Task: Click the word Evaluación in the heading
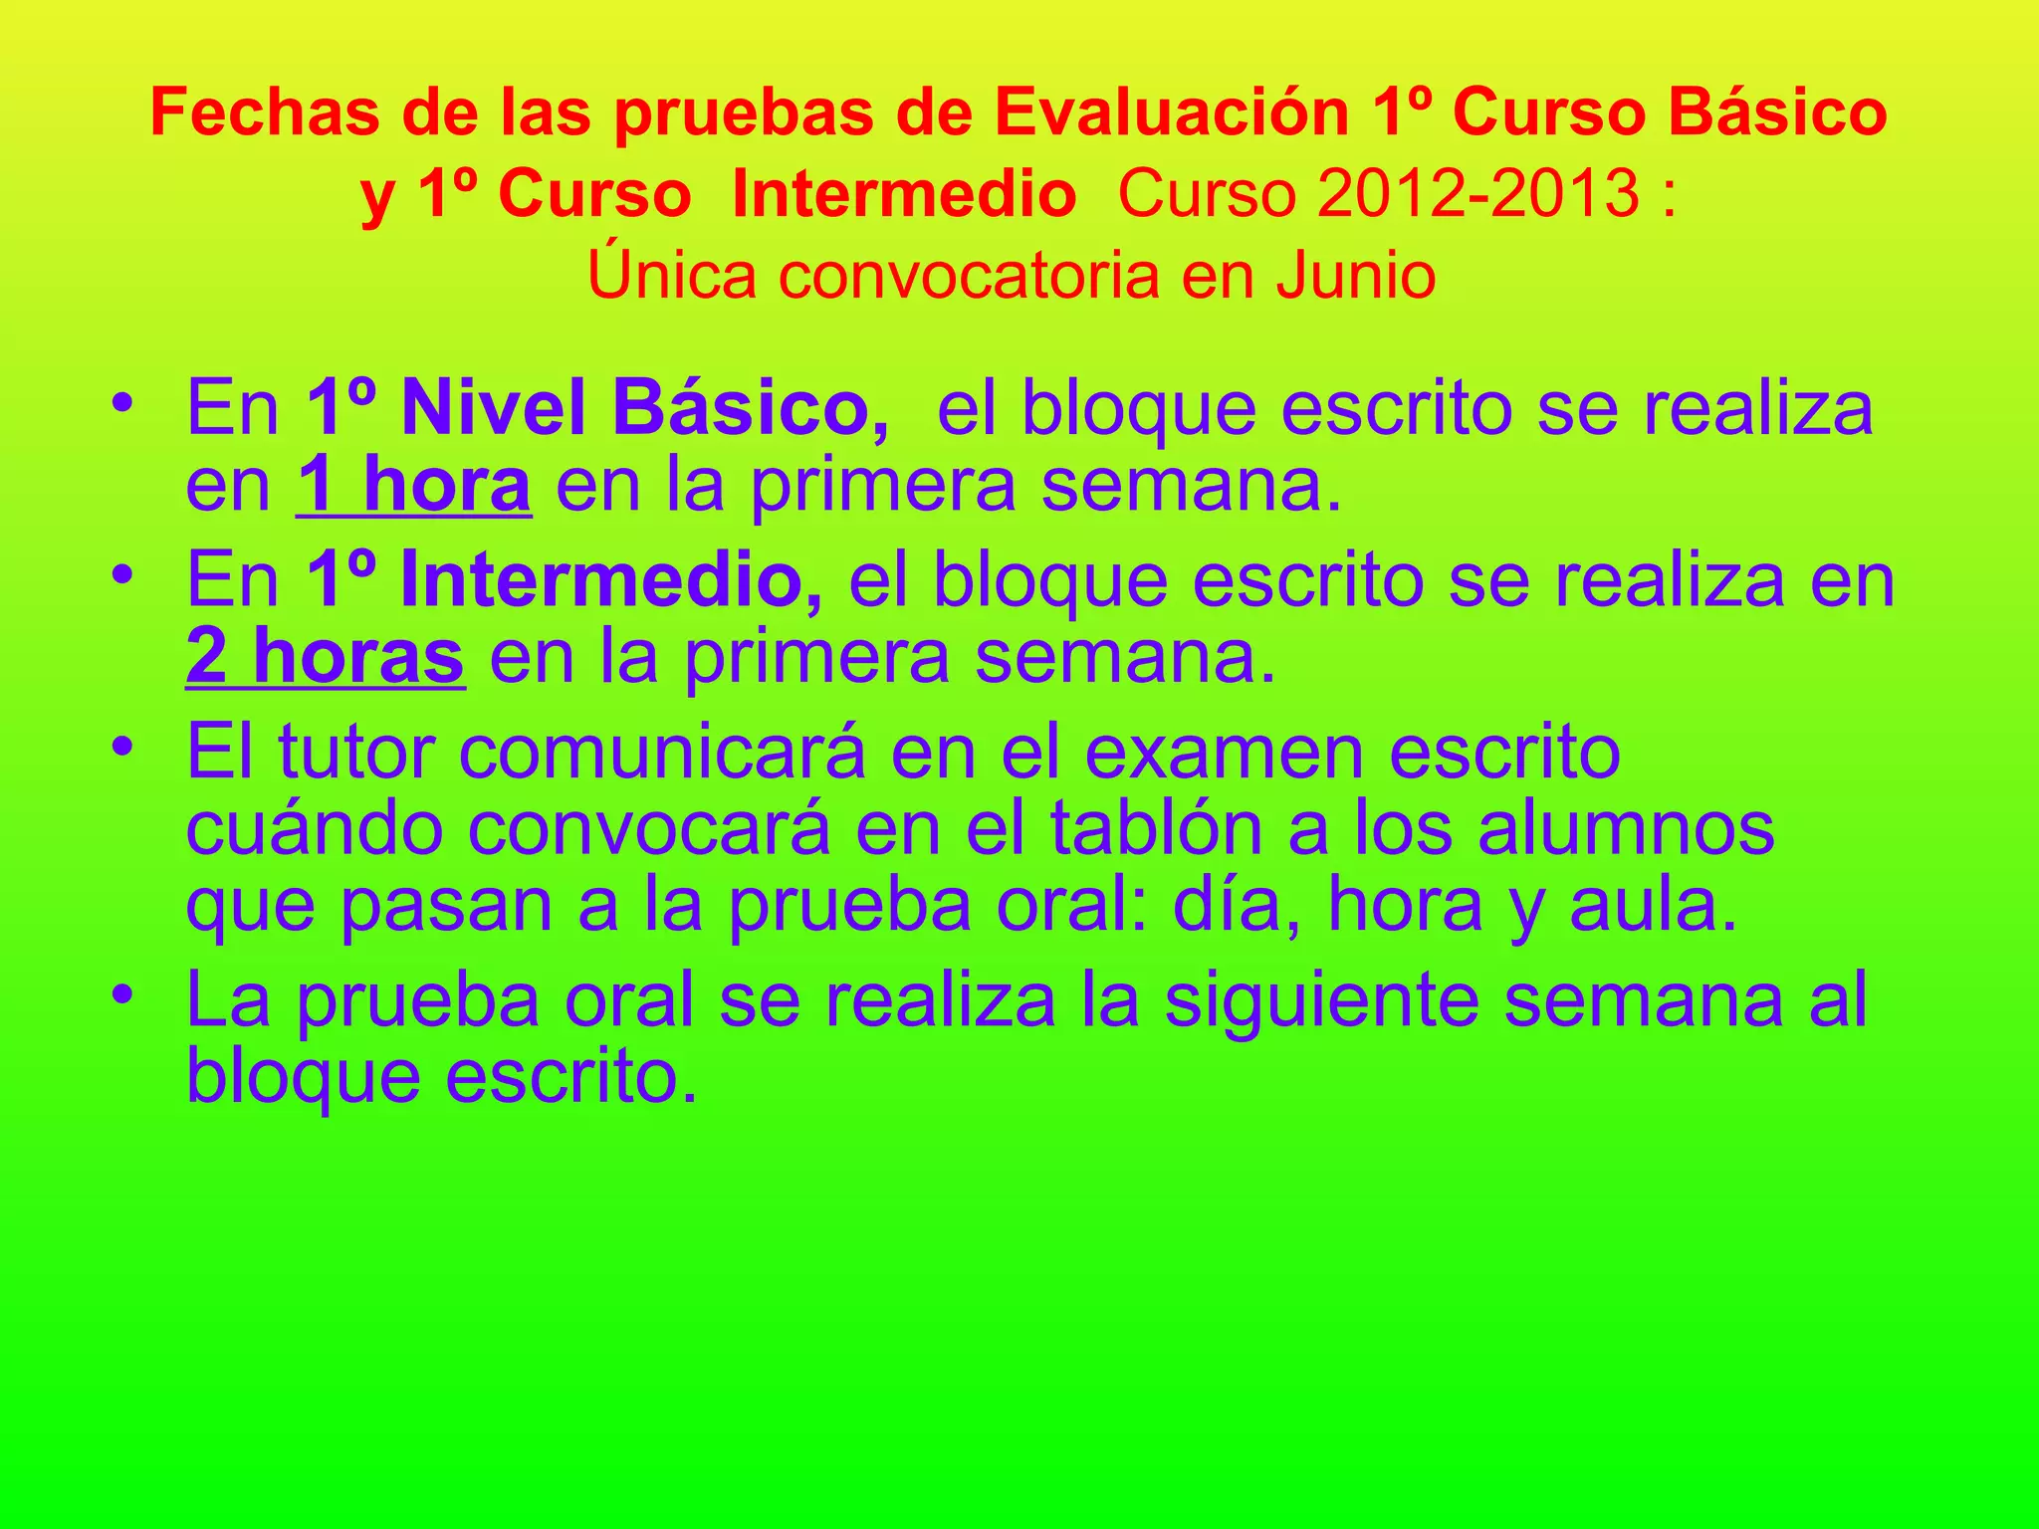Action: pyautogui.click(x=1170, y=111)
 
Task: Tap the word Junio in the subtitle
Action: pyautogui.click(x=1356, y=275)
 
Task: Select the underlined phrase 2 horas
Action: pyautogui.click(x=325, y=656)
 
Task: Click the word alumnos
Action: pyautogui.click(x=1626, y=828)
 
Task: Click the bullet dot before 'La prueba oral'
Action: pyautogui.click(x=122, y=995)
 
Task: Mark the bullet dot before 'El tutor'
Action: pyautogui.click(x=122, y=747)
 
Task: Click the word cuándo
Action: pyautogui.click(x=315, y=828)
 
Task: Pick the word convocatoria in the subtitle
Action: pyautogui.click(x=969, y=275)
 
